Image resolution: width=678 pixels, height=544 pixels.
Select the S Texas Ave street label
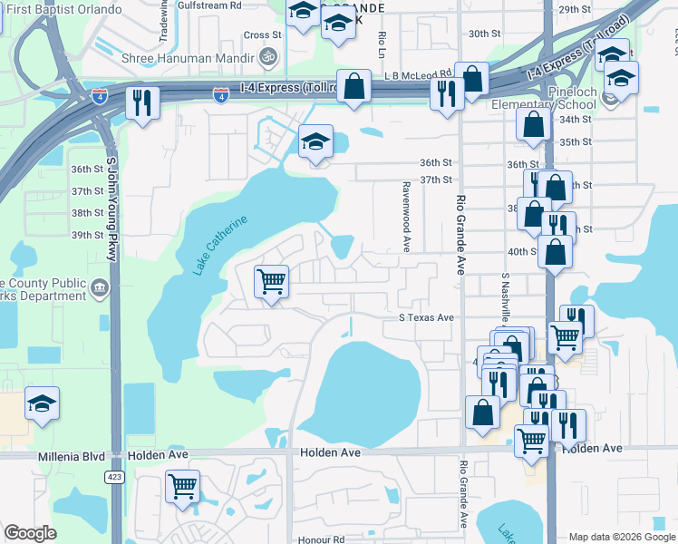426,318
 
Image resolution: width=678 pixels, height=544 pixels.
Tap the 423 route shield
117,477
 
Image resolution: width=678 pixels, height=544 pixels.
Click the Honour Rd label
325,539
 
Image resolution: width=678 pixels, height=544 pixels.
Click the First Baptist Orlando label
61,9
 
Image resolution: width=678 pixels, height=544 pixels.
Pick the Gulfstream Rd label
210,4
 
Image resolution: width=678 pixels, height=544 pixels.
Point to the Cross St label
263,34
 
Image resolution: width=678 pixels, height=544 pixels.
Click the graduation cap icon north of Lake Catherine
315,142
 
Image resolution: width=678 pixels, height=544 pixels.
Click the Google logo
30,533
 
